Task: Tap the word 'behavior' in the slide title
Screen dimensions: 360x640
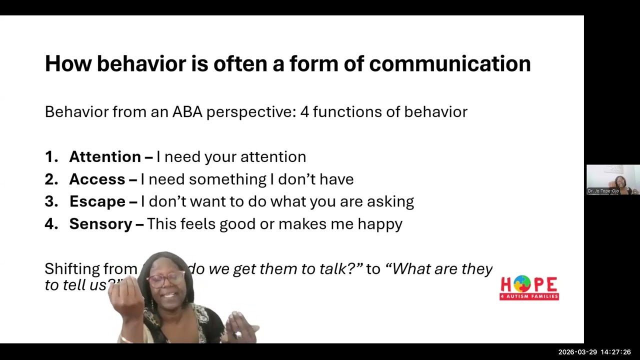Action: pos(140,64)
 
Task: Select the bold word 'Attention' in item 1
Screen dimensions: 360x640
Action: pos(105,157)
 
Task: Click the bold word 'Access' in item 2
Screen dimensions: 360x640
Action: pos(97,179)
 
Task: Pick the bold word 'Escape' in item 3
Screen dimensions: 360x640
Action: pos(97,201)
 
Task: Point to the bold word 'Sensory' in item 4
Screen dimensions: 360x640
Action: pos(100,224)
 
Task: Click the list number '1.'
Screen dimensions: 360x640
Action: pos(51,157)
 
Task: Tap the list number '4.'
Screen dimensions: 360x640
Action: pos(51,224)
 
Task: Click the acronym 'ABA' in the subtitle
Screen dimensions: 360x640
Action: pos(187,112)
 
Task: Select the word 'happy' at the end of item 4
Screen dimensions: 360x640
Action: pos(379,224)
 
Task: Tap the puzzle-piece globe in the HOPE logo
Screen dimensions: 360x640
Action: pos(521,284)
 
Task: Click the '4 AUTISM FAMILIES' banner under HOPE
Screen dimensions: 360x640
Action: pos(529,296)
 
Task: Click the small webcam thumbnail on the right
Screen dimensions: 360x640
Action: pos(613,179)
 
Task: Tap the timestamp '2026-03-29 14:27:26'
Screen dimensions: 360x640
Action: pos(594,352)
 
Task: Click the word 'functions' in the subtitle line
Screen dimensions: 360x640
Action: pos(347,112)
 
